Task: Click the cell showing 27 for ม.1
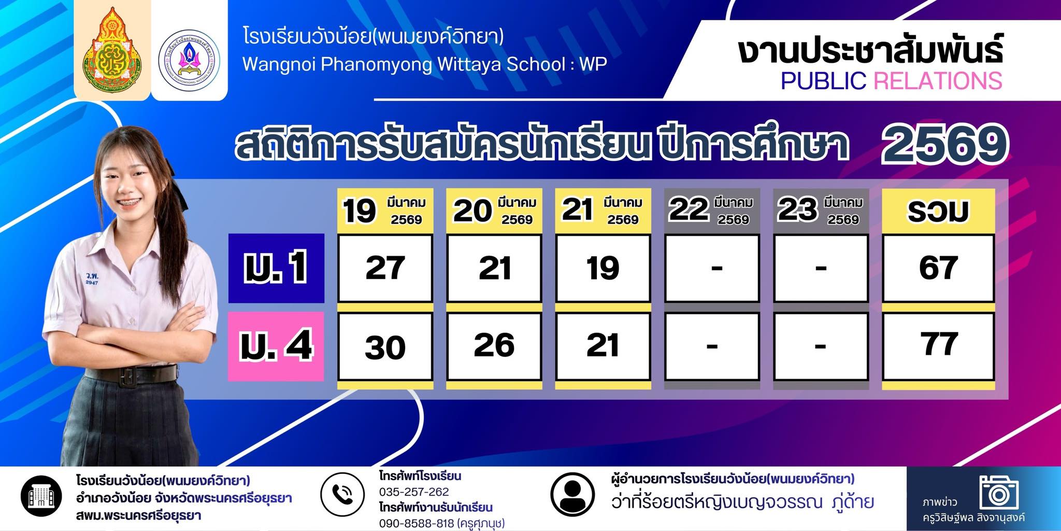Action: click(x=385, y=268)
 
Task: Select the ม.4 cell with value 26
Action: click(x=494, y=346)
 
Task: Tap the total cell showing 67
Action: click(x=938, y=268)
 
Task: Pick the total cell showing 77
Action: click(x=938, y=346)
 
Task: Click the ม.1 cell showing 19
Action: click(x=603, y=268)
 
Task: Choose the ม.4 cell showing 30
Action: click(x=385, y=346)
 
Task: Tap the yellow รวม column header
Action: click(x=938, y=211)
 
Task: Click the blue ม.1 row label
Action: click(x=276, y=268)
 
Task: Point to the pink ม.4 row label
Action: click(x=276, y=346)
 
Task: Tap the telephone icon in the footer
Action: click(x=342, y=495)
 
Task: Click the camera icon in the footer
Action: click(x=999, y=492)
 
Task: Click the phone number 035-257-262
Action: click(x=414, y=492)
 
